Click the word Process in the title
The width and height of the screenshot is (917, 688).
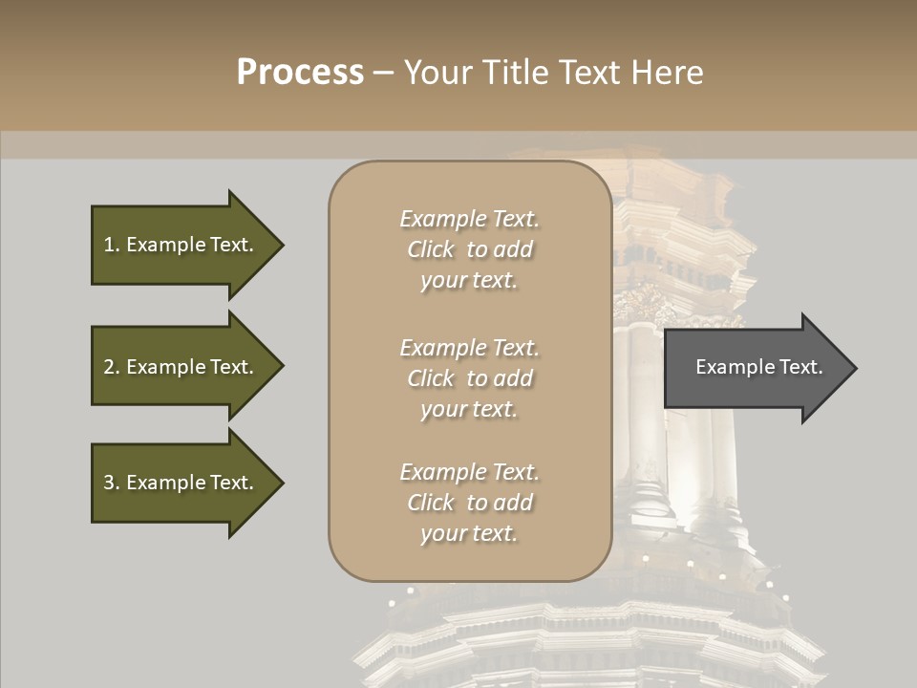coord(300,73)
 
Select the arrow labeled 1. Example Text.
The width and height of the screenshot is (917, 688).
coord(181,245)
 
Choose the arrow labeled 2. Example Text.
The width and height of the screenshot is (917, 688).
coord(181,367)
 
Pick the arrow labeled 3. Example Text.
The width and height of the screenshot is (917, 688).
coord(181,483)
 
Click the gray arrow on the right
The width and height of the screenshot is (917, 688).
coord(755,368)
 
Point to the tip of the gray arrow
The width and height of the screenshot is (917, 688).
coord(855,368)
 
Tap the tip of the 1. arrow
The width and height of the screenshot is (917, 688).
coord(282,245)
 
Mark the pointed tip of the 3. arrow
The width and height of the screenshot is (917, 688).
coord(282,483)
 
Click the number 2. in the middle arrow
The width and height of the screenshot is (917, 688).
coord(111,367)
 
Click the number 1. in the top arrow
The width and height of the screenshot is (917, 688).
coord(111,245)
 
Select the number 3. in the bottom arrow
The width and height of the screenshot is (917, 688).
coord(111,483)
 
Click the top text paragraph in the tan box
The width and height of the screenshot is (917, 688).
coord(469,249)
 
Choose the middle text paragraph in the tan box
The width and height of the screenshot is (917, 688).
coord(469,378)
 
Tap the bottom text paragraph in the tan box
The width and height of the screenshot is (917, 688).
coord(469,503)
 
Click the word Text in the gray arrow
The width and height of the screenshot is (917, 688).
coord(800,367)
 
